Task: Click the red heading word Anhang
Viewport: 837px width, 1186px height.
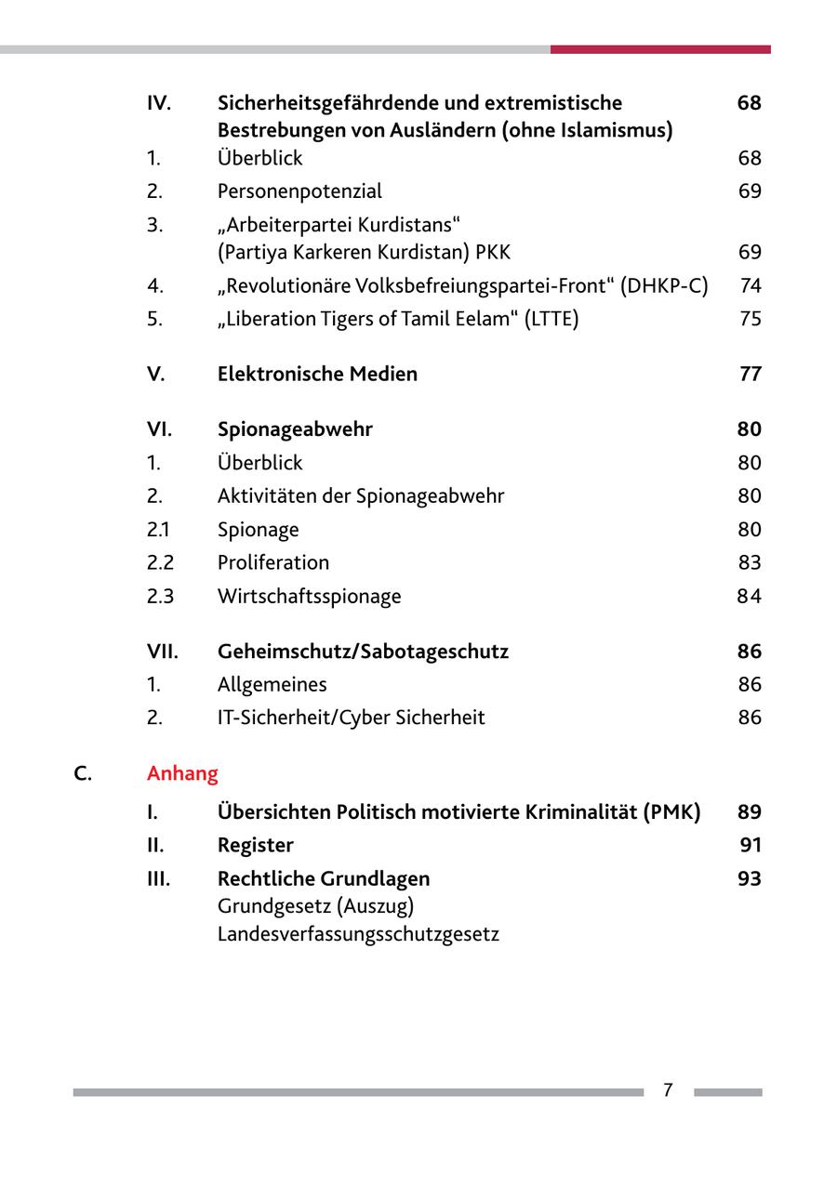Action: [x=182, y=773]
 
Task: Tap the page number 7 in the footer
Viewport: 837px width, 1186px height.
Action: [x=668, y=1090]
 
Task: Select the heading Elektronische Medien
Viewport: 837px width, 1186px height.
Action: [x=317, y=374]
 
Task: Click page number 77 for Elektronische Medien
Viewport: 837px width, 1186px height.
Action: [x=750, y=374]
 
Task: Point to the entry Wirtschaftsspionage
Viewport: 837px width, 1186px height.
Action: [x=309, y=596]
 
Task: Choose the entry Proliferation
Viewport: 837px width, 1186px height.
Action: [x=272, y=562]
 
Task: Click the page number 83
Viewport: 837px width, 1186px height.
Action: [x=750, y=562]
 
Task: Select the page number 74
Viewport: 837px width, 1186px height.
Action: [x=751, y=285]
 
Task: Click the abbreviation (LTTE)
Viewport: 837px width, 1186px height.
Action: [x=551, y=319]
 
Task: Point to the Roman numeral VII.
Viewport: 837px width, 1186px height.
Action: [x=162, y=652]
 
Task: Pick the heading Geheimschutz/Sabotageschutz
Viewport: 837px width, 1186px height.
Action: [x=363, y=652]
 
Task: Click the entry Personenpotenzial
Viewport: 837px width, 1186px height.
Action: [x=299, y=191]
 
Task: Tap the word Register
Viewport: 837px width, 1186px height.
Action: [x=255, y=845]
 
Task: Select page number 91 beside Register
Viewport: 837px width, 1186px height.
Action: [x=751, y=845]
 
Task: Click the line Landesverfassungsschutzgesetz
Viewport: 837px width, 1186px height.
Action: [x=358, y=933]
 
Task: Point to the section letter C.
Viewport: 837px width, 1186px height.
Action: [x=83, y=773]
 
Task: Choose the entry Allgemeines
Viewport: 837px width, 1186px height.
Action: [x=272, y=685]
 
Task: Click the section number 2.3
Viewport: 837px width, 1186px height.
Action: [x=160, y=596]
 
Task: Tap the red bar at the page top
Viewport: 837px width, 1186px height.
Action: [x=660, y=49]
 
